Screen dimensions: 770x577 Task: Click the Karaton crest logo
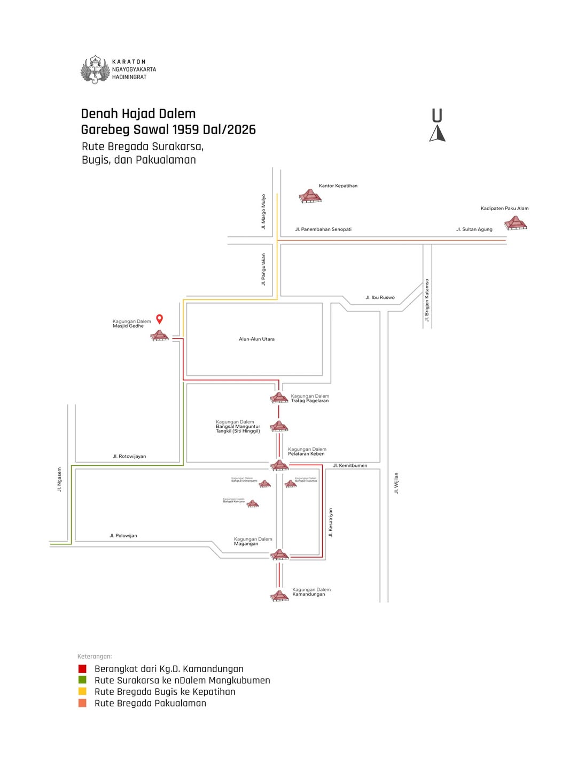click(95, 70)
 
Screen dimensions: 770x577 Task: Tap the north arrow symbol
click(437, 133)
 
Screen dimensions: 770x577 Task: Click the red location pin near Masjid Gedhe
click(159, 319)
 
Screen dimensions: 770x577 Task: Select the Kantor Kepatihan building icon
click(310, 196)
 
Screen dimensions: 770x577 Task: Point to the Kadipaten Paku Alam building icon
click(516, 222)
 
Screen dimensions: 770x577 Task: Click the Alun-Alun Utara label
click(256, 339)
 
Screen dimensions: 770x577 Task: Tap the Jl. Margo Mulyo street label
click(263, 212)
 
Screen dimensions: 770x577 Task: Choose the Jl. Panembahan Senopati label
click(323, 229)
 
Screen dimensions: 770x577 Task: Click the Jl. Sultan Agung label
click(474, 229)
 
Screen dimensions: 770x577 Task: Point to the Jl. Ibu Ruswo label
click(380, 297)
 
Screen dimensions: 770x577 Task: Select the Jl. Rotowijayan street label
click(129, 456)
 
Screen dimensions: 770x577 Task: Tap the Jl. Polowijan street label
click(123, 535)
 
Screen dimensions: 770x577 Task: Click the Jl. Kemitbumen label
click(350, 465)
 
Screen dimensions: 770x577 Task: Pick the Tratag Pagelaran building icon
click(279, 398)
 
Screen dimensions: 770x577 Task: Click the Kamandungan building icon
click(279, 596)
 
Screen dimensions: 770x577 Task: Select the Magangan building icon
click(279, 555)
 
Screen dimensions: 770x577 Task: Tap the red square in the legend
click(82, 669)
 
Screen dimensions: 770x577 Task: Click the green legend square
click(82, 680)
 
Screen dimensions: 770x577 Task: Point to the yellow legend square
click(82, 691)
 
